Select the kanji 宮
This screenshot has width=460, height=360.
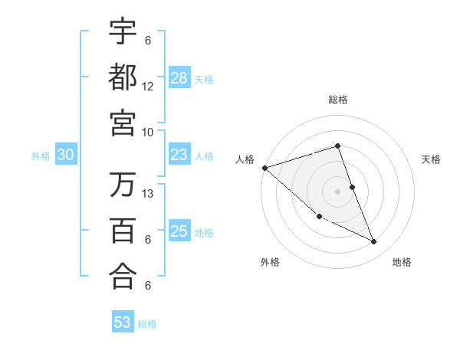[x=123, y=123]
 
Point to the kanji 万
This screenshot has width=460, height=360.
[x=123, y=185]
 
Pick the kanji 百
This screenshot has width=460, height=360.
[x=123, y=231]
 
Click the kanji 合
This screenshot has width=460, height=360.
[x=123, y=277]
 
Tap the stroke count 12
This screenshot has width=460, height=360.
[x=148, y=87]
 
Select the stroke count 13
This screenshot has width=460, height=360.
[x=148, y=194]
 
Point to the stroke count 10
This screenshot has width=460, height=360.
[x=148, y=132]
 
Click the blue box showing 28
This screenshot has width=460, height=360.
[x=179, y=78]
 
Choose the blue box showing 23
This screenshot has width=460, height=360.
[x=179, y=155]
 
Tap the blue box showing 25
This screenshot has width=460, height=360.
[x=179, y=231]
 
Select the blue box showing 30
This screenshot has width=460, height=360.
[x=65, y=155]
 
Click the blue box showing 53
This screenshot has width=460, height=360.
[x=123, y=322]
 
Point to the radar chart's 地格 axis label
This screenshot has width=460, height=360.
[x=402, y=262]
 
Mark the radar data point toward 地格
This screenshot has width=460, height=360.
[x=374, y=242]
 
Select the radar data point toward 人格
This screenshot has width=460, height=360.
[x=264, y=168]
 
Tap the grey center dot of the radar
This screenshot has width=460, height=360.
[x=337, y=191]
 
